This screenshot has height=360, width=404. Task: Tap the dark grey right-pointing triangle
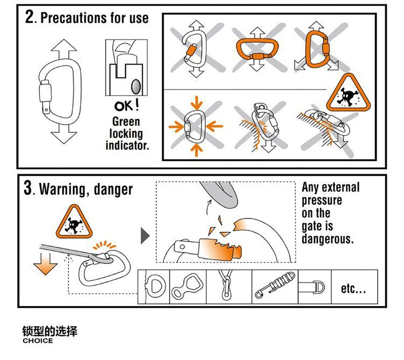pyautogui.click(x=144, y=236)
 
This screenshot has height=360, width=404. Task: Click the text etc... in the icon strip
pyautogui.click(x=353, y=289)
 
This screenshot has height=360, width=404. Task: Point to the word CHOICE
pyautogui.click(x=38, y=341)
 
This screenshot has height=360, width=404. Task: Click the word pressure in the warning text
pyautogui.click(x=322, y=200)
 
